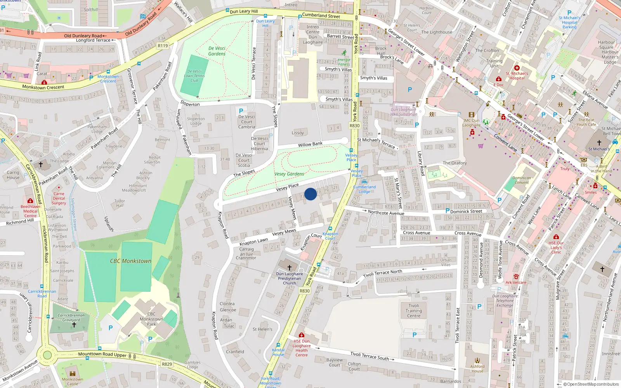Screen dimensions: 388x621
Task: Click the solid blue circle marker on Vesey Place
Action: click(310, 194)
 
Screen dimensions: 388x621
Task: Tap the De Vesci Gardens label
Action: click(217, 51)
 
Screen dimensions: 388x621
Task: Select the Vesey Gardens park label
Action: click(289, 174)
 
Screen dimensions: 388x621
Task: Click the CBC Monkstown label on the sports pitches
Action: click(130, 261)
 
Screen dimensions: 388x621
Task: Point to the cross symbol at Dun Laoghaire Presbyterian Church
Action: click(289, 267)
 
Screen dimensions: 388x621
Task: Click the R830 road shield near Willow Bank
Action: click(354, 125)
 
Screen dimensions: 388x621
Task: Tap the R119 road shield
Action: click(163, 46)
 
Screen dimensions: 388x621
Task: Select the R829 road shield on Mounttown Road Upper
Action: click(167, 364)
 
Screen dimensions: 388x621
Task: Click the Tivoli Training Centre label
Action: click(414, 310)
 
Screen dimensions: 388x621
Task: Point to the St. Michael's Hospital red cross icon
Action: click(517, 68)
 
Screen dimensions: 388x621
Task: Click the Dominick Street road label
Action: click(466, 211)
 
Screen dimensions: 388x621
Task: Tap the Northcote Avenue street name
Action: click(386, 213)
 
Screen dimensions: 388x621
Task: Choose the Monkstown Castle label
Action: click(73, 381)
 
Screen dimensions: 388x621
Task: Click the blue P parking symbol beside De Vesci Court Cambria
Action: click(241, 111)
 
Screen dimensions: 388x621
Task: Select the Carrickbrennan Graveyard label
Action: click(71, 317)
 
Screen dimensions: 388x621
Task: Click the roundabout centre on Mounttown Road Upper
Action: click(47, 355)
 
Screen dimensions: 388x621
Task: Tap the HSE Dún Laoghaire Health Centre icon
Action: click(302, 335)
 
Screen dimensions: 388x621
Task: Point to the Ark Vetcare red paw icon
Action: click(516, 277)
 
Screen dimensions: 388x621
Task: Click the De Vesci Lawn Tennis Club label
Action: click(194, 76)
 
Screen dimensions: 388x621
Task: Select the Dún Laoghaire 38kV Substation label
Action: click(403, 112)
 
